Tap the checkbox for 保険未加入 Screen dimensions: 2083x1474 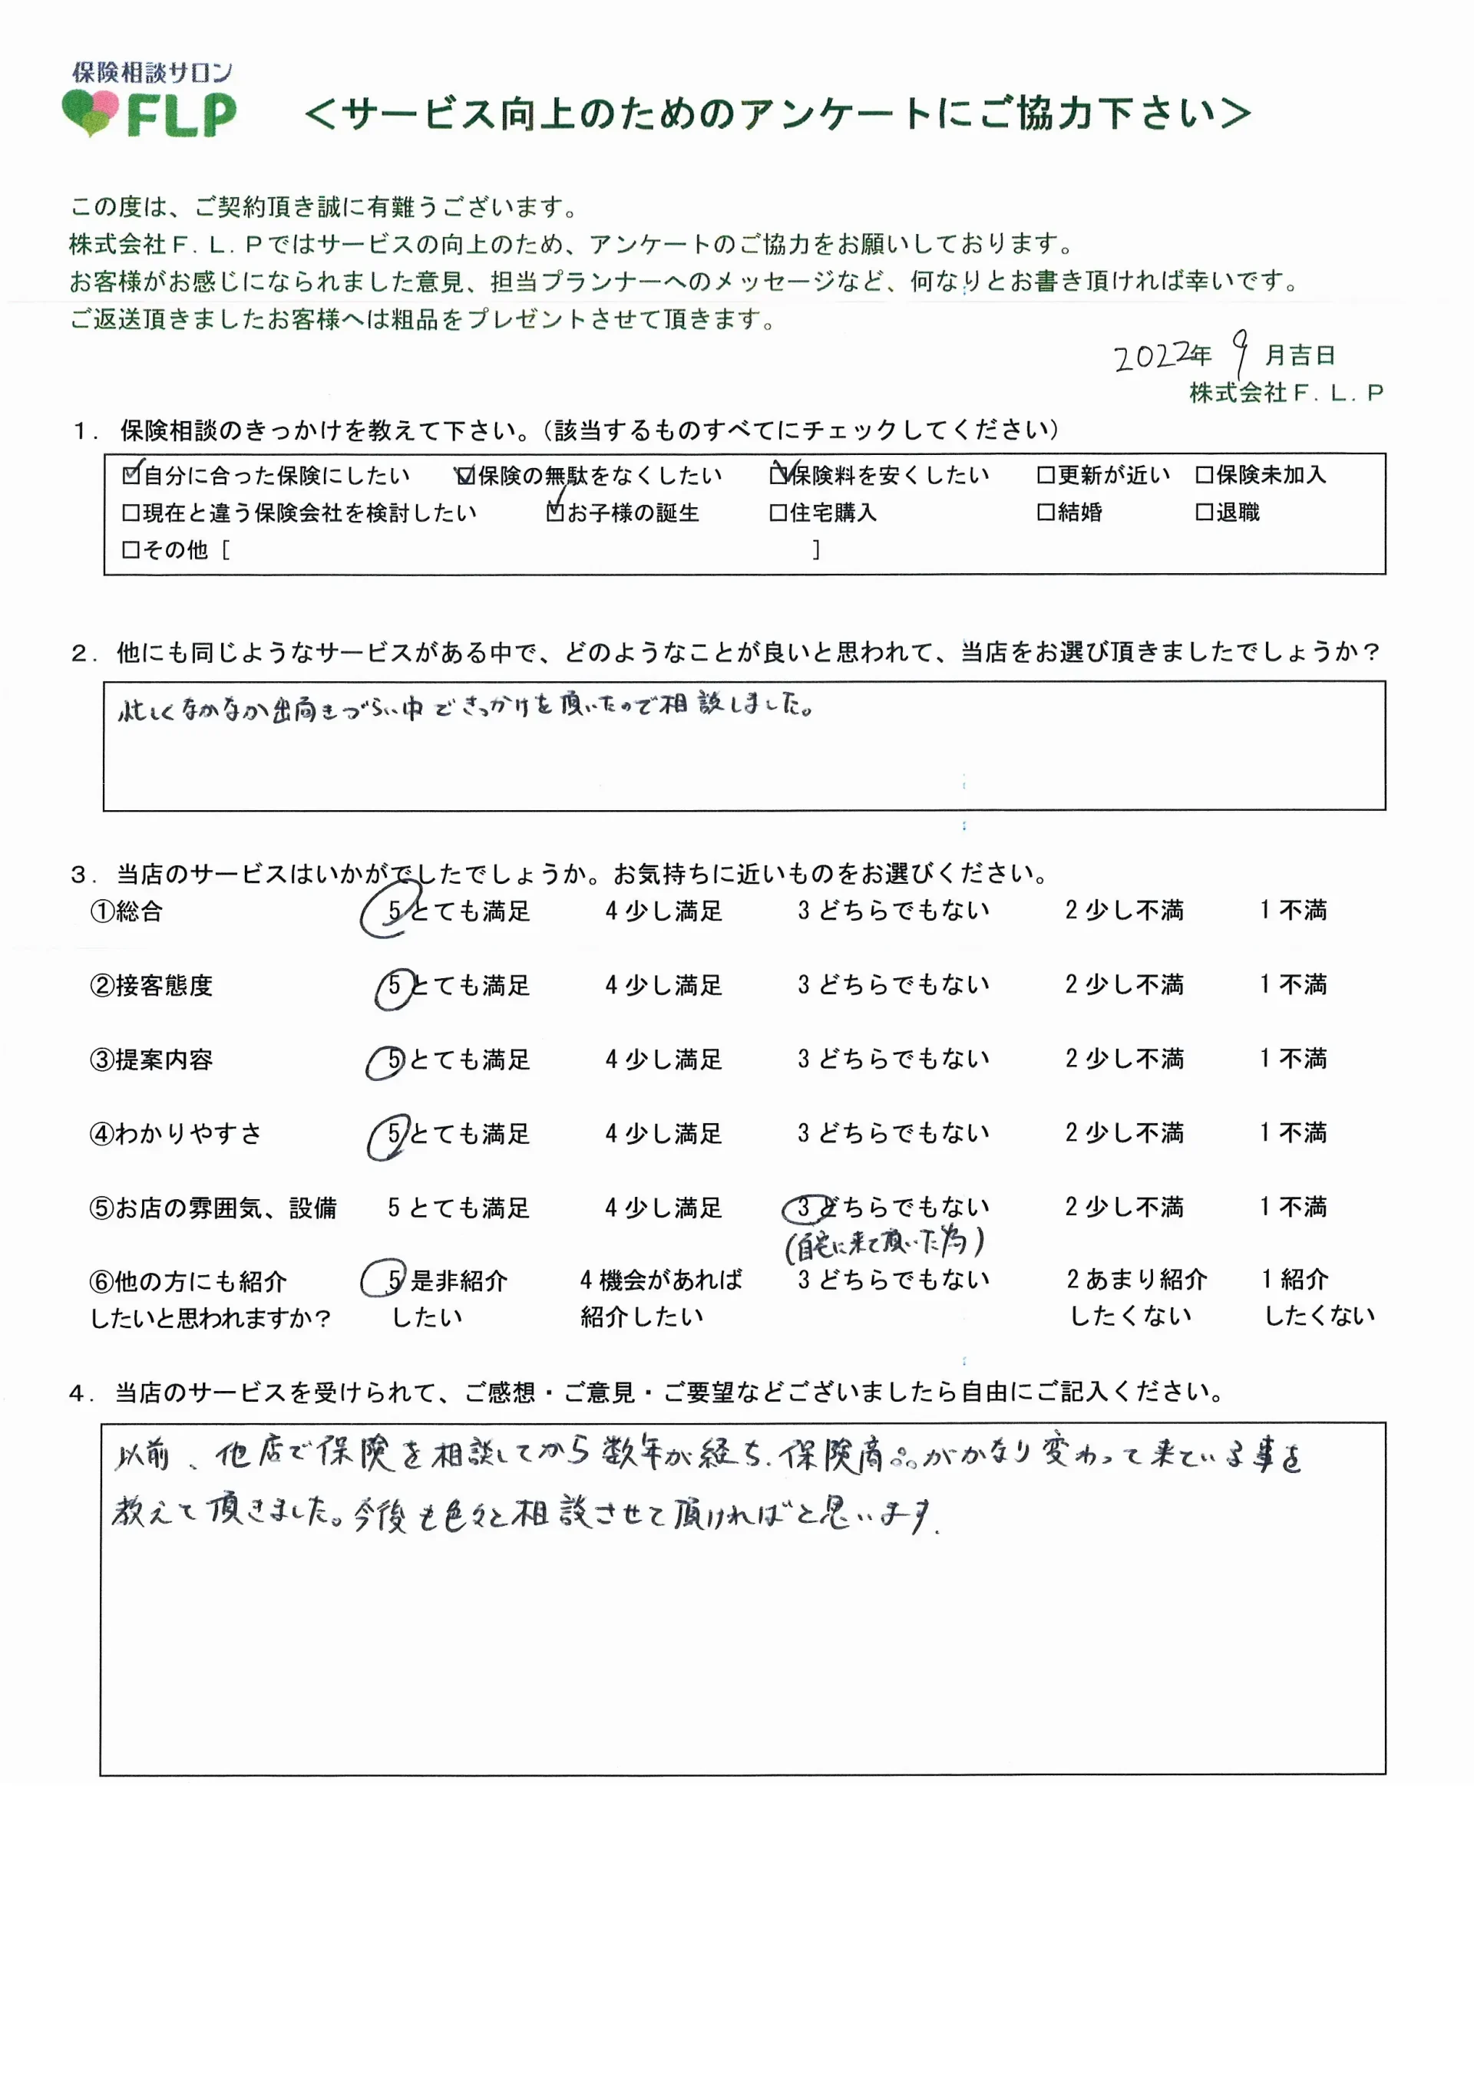tap(1204, 474)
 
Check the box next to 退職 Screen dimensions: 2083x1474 tap(1204, 513)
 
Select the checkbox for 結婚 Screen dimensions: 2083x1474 tap(1046, 513)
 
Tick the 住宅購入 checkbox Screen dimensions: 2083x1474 tap(778, 513)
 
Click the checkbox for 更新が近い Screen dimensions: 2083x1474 tap(1046, 474)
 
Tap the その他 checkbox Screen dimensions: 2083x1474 tap(131, 550)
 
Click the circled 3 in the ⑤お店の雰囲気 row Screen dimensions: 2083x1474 tap(804, 1208)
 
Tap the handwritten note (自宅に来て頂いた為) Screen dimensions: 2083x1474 tap(885, 1244)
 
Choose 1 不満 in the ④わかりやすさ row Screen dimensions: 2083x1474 tap(1293, 1133)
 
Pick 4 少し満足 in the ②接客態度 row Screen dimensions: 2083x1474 tap(663, 985)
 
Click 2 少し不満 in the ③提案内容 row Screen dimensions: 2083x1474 tap(1124, 1060)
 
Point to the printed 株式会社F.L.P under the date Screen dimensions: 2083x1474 tap(1286, 393)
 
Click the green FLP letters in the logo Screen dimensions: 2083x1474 tap(181, 116)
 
